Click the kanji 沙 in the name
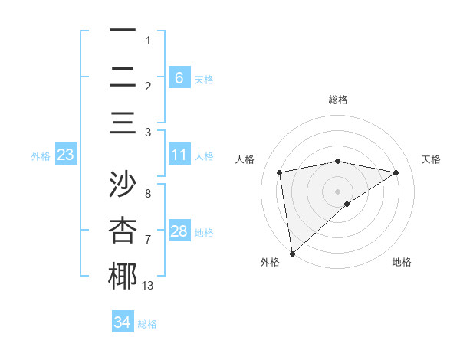[123, 185]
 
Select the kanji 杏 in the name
[123, 231]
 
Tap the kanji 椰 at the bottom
[123, 277]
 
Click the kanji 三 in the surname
[123, 123]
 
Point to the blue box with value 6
[179, 77]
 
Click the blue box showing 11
[179, 155]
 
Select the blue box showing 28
[179, 231]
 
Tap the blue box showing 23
[65, 155]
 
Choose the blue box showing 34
[122, 322]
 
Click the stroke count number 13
[148, 286]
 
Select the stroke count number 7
[148, 240]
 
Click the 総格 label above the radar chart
[338, 100]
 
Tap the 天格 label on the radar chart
[432, 159]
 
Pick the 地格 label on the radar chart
[402, 262]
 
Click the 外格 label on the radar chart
[269, 262]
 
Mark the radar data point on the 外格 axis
[292, 253]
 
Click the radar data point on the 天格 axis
[396, 172]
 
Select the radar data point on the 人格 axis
[280, 172]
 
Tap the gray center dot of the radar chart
[338, 191]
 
